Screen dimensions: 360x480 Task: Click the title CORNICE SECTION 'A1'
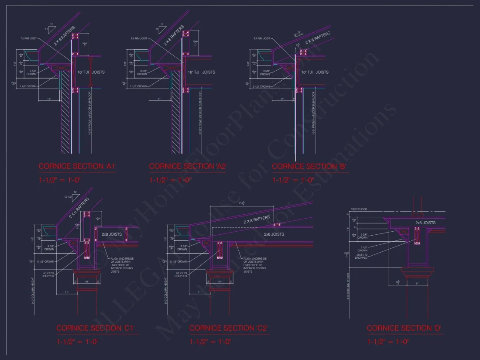tap(76, 166)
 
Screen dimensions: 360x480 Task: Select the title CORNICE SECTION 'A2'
tap(187, 166)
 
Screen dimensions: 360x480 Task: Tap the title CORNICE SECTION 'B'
tap(309, 166)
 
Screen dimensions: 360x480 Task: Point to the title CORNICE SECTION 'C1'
tap(95, 328)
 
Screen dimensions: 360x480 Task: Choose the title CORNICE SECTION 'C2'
tap(228, 328)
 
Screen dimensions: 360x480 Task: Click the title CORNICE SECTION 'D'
tap(405, 328)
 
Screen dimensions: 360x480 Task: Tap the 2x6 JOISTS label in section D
tap(425, 223)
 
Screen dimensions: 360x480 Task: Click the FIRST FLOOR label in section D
tap(359, 209)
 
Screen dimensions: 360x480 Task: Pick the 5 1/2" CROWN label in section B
tap(261, 86)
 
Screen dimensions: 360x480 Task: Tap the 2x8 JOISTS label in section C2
tap(274, 234)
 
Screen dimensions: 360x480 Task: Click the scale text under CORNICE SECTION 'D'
tap(388, 342)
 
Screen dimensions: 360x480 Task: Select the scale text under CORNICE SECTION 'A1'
tap(60, 180)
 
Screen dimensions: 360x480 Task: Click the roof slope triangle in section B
tap(298, 34)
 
